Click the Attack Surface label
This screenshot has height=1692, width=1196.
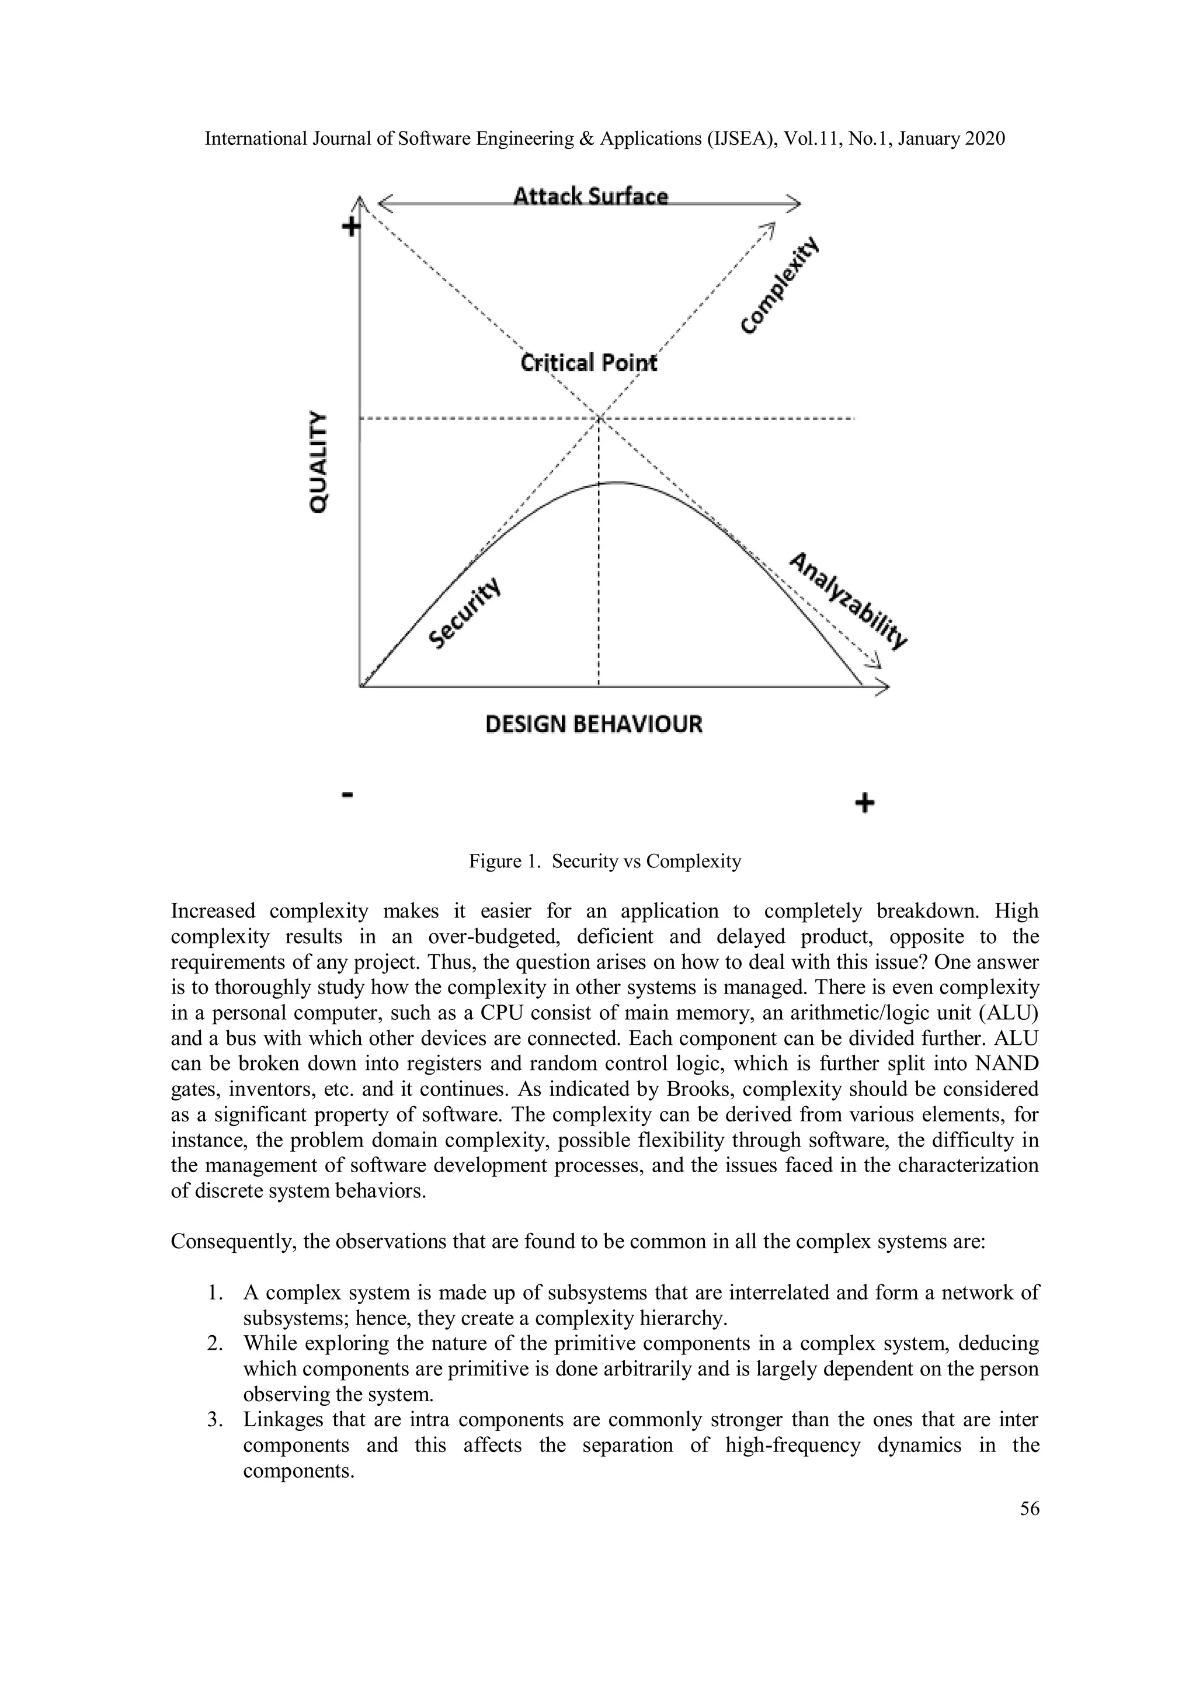coord(590,196)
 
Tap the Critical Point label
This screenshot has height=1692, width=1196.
coord(588,363)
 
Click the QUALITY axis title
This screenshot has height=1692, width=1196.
coord(318,461)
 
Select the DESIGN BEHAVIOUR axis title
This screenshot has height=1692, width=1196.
coord(594,724)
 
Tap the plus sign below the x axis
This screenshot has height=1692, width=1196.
coord(864,802)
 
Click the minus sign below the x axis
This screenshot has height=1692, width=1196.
coord(349,794)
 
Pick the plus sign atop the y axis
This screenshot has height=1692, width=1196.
coord(351,226)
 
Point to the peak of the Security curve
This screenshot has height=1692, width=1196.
coord(613,482)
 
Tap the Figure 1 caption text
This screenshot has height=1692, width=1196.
coord(604,861)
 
